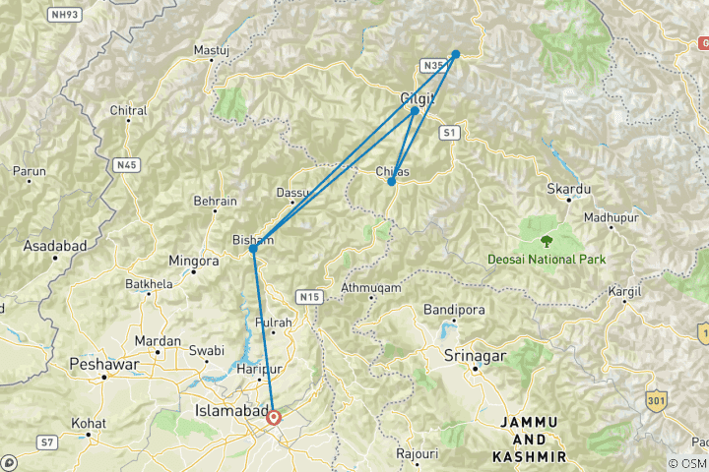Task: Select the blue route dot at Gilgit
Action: click(x=415, y=110)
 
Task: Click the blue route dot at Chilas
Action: click(x=392, y=182)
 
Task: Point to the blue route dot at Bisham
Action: click(x=253, y=249)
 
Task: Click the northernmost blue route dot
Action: click(x=455, y=54)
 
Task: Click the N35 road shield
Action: click(x=431, y=66)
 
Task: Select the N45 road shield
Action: click(x=125, y=165)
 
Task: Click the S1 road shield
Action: click(x=450, y=131)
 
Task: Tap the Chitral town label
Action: click(x=128, y=110)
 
